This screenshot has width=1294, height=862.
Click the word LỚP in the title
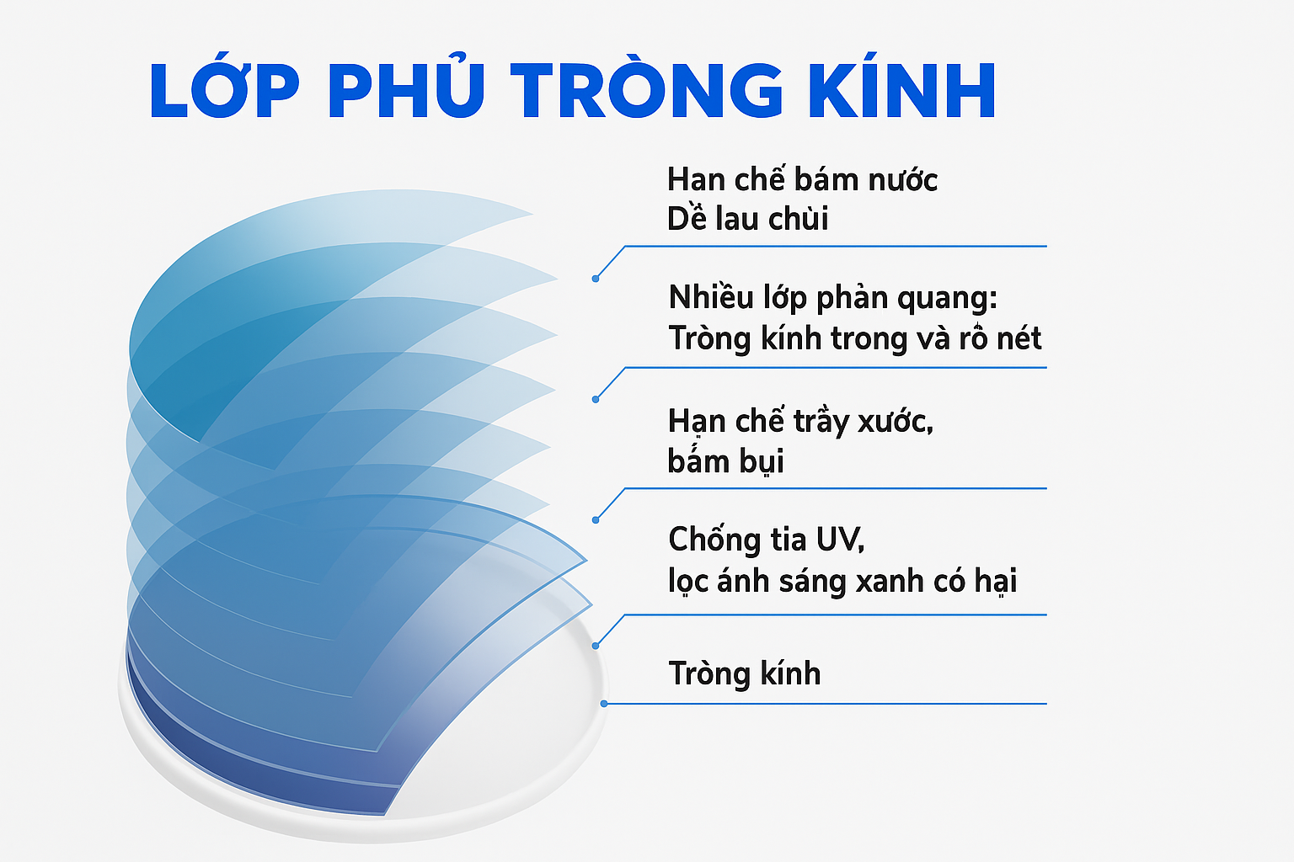(x=224, y=90)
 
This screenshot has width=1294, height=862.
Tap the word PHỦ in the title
(x=406, y=90)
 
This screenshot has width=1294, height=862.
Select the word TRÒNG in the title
(x=647, y=90)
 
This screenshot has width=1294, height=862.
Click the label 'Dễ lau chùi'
(x=747, y=219)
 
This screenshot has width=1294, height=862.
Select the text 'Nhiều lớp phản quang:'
(x=832, y=297)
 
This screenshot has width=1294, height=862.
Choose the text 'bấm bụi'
(x=725, y=461)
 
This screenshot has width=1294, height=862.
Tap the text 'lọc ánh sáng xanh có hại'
(x=842, y=581)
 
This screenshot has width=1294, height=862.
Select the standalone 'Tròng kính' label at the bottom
(x=744, y=673)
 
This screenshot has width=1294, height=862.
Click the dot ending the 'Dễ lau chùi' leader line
(x=596, y=279)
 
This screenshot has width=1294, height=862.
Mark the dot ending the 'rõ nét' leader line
(x=596, y=399)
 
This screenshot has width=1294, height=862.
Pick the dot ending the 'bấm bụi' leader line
(x=596, y=520)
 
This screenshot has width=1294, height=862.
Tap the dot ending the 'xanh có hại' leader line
(x=596, y=646)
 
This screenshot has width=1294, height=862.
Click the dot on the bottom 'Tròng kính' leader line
(x=604, y=703)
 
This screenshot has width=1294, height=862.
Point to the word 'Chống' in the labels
(x=708, y=539)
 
